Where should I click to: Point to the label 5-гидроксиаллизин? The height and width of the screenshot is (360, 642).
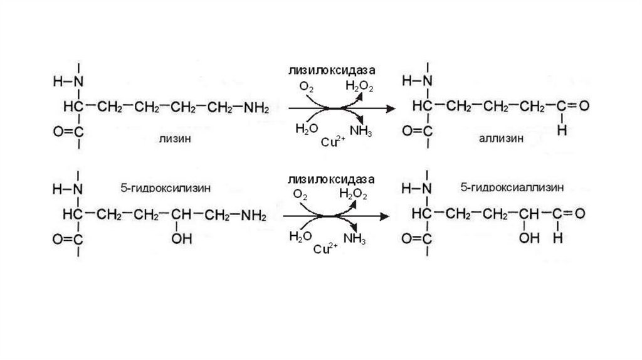click(512, 187)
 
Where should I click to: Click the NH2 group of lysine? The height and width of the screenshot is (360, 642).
click(256, 108)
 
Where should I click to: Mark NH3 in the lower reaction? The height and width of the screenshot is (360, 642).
click(354, 238)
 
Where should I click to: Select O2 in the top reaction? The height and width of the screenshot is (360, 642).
click(307, 87)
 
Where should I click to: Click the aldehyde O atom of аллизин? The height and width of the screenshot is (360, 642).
click(583, 107)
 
